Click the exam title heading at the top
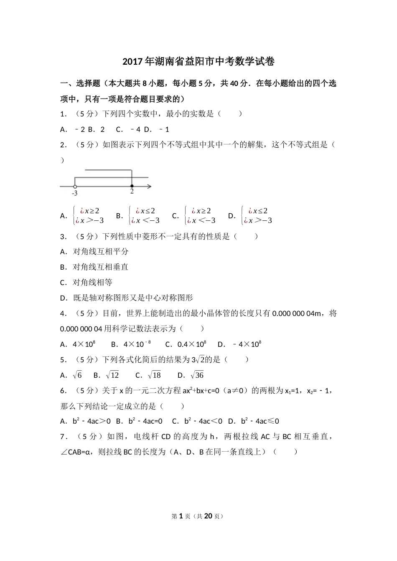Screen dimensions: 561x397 (198, 62)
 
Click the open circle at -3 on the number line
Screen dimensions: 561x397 (75, 186)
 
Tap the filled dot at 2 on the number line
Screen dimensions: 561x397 (132, 186)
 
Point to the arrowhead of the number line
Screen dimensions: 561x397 (149, 186)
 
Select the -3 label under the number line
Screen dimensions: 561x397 (74, 193)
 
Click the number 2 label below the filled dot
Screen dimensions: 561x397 (132, 192)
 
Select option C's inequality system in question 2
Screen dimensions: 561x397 (200, 216)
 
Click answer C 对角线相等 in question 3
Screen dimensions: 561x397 (92, 283)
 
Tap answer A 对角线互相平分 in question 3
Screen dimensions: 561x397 (100, 252)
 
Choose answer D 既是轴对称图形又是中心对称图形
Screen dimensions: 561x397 (132, 298)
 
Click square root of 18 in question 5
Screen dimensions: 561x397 (154, 375)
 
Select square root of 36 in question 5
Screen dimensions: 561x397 (197, 375)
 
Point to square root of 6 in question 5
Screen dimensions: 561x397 (77, 375)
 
